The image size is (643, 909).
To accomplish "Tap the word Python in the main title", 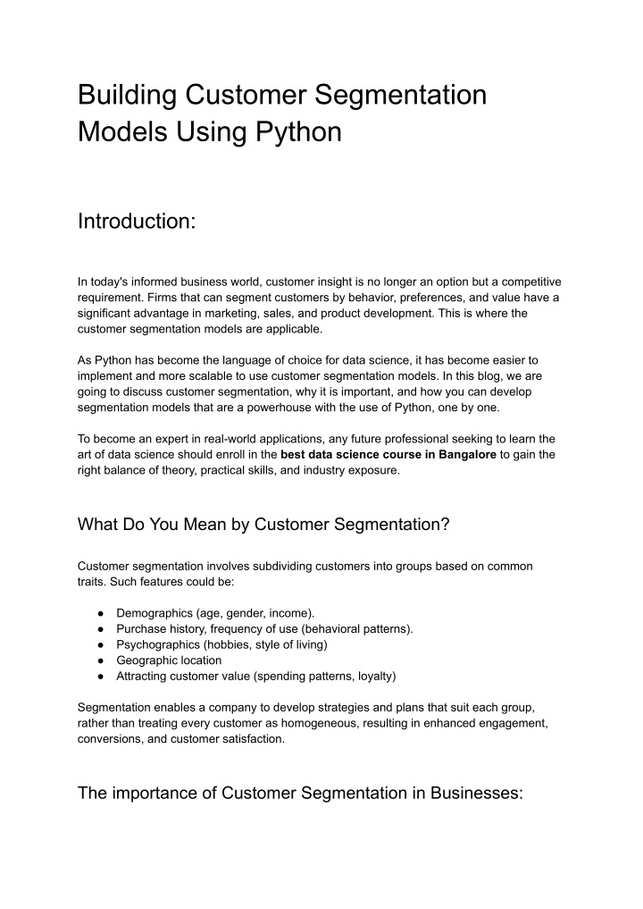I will [x=299, y=132].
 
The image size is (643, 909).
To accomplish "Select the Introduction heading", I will [x=137, y=221].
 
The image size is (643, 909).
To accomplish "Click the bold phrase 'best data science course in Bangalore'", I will [x=388, y=454].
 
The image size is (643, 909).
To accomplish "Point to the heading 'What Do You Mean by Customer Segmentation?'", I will [x=263, y=525].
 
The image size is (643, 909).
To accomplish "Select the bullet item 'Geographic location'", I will [x=169, y=661].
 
